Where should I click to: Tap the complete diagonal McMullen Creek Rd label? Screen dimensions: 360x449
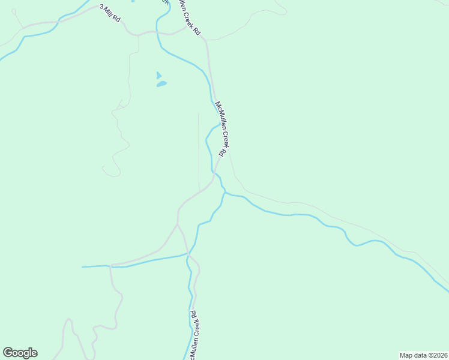point(220,128)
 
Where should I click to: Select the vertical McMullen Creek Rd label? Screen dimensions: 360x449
point(194,332)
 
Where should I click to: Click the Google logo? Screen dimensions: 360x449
point(20,353)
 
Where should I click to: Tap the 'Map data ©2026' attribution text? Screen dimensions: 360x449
point(423,355)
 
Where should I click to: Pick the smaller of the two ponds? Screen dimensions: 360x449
point(158,76)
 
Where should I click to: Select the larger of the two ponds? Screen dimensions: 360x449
point(161,85)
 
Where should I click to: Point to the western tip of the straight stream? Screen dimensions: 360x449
point(82,266)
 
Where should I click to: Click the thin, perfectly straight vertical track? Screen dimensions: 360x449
point(199,150)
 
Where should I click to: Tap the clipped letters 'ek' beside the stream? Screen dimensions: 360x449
point(164,2)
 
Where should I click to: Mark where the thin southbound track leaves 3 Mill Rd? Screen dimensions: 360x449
point(138,36)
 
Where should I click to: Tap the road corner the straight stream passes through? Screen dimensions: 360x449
point(110,265)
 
